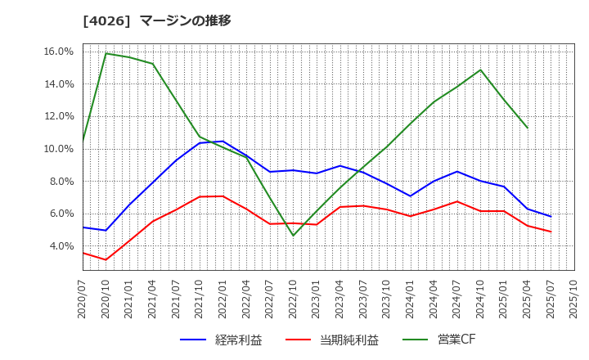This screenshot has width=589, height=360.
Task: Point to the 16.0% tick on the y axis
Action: (x=58, y=52)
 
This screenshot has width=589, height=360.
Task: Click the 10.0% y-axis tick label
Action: (x=58, y=149)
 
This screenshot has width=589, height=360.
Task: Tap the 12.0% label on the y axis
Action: (x=58, y=116)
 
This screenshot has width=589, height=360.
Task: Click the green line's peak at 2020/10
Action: (x=106, y=54)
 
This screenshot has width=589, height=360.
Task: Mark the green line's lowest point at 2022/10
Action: (x=293, y=236)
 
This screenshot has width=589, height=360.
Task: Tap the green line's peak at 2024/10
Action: (x=480, y=70)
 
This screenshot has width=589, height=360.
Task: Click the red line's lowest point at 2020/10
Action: (x=106, y=260)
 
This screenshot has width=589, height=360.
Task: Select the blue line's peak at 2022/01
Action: (x=223, y=141)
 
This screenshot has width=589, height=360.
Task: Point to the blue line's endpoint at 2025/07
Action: (x=551, y=217)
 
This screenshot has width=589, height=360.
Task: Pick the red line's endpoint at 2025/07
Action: (x=551, y=232)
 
